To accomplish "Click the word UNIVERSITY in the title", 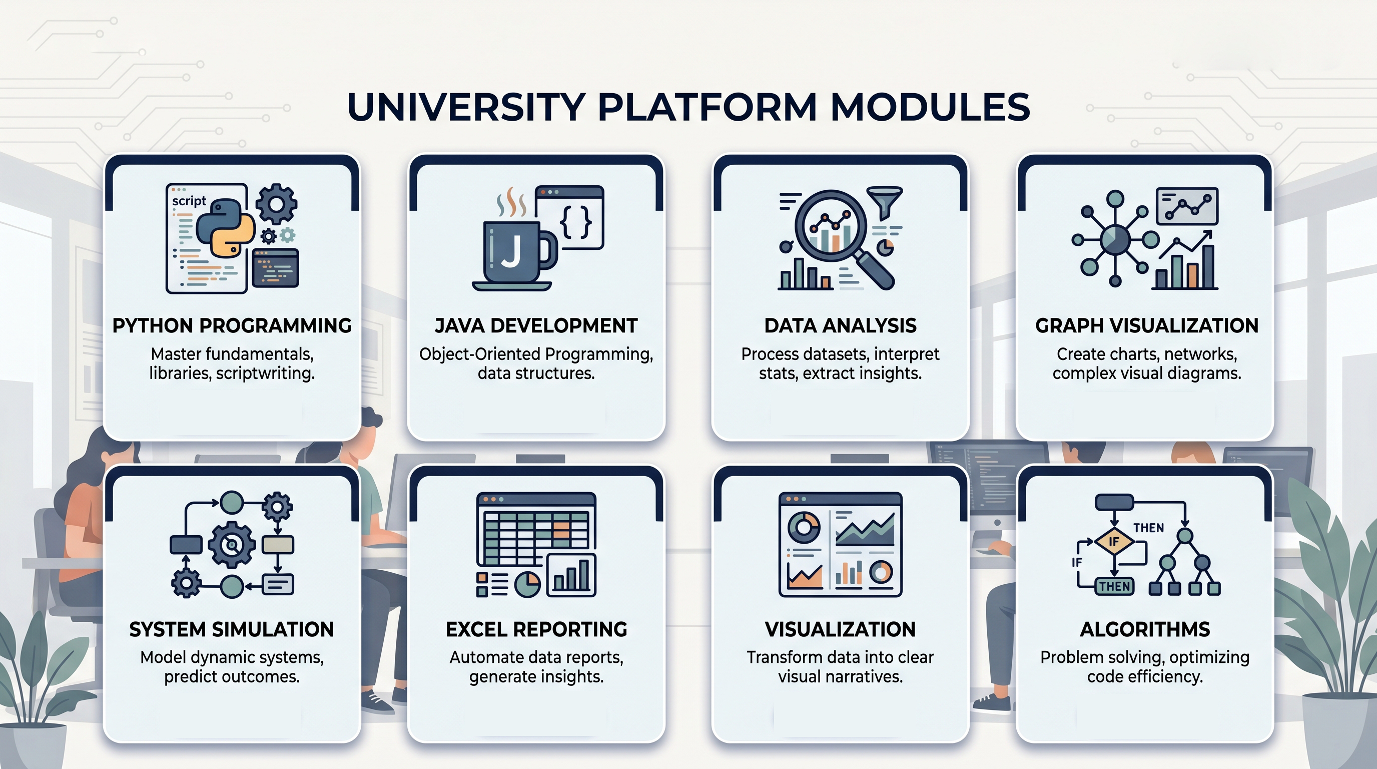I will (x=465, y=107).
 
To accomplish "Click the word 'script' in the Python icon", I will (x=189, y=201).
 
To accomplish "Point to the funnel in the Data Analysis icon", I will (x=885, y=201).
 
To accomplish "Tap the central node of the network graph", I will (x=1115, y=240).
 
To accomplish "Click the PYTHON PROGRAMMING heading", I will (x=232, y=326).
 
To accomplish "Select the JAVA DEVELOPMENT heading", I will (x=536, y=326).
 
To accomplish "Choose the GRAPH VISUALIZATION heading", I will (x=1147, y=326).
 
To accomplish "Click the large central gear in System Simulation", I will (x=232, y=545).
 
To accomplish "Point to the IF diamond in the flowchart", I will (x=1113, y=542).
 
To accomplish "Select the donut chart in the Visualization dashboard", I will (x=804, y=527).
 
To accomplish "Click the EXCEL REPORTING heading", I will (x=536, y=629).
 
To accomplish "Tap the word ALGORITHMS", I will (x=1145, y=629).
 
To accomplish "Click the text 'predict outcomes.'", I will (x=232, y=676).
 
